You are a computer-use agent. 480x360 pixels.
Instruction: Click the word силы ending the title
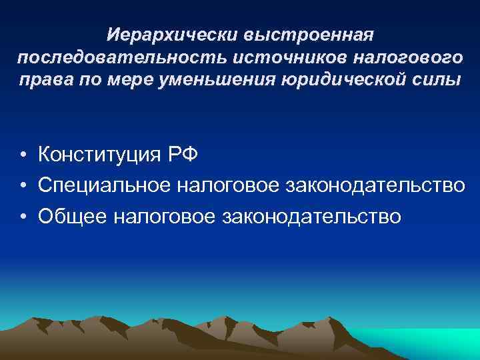click(441, 80)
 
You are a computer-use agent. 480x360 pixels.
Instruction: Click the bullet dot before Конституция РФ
click(23, 156)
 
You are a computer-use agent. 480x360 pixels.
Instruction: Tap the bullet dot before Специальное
click(23, 187)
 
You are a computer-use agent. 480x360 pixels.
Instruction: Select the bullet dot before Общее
click(23, 217)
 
